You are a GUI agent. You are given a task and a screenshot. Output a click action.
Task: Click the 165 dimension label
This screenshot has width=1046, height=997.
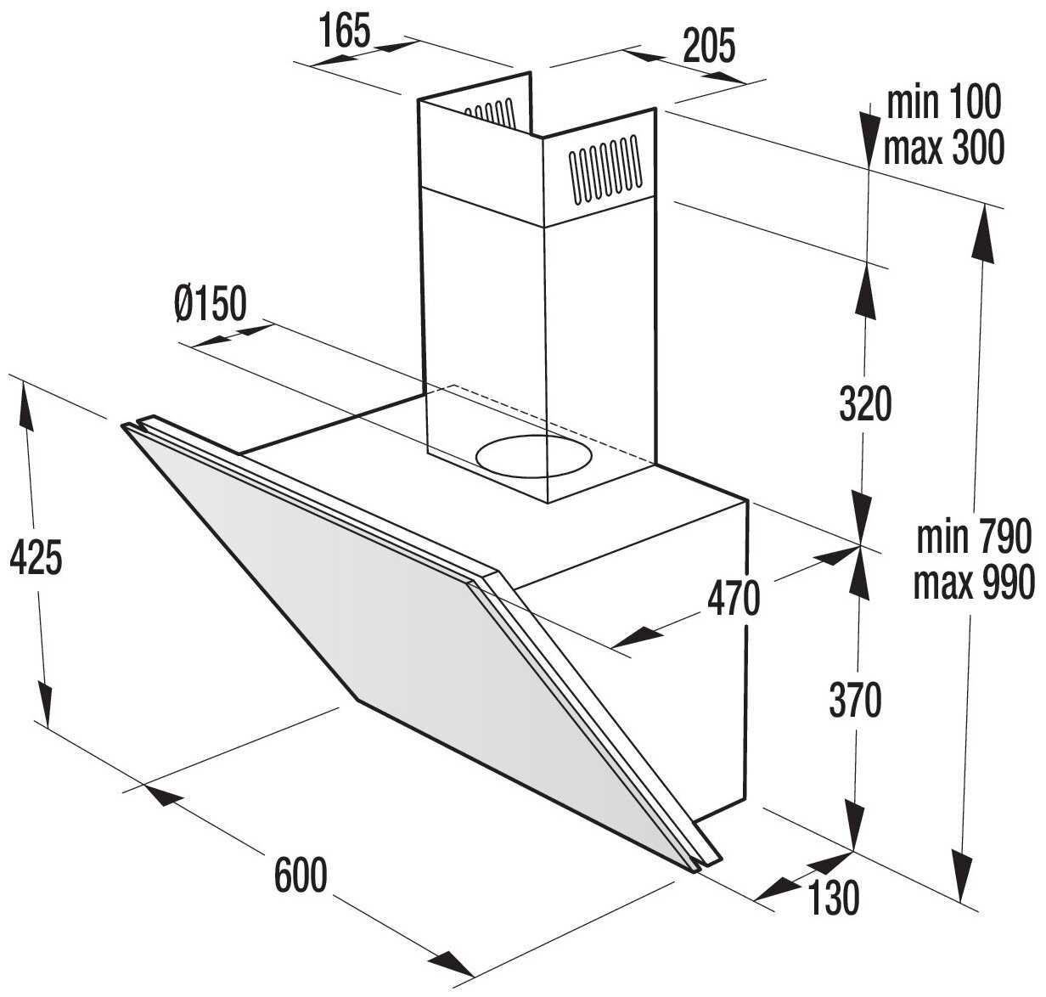tap(345, 31)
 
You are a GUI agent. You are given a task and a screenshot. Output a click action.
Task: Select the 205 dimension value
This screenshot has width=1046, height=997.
tap(709, 46)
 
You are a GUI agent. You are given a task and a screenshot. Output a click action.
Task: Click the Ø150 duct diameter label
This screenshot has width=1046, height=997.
tap(211, 304)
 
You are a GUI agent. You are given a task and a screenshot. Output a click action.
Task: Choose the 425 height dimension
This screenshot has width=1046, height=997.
tap(37, 557)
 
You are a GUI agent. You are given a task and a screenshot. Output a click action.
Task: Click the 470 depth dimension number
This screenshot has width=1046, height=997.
tap(734, 599)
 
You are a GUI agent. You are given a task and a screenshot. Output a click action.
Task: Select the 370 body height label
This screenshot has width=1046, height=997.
tap(855, 700)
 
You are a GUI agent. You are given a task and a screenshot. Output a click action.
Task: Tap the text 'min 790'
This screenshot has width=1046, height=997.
tap(973, 538)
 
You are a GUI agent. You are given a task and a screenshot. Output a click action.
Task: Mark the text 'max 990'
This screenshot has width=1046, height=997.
tap(974, 582)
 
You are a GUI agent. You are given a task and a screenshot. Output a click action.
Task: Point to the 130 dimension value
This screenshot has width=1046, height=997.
tap(833, 898)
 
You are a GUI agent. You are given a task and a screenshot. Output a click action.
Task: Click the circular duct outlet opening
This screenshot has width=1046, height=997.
tap(534, 456)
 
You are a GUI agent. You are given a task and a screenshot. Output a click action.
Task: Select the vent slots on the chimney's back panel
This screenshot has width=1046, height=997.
tap(490, 114)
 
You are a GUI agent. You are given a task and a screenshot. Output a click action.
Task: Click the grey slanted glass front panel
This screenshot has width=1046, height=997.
tap(404, 628)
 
